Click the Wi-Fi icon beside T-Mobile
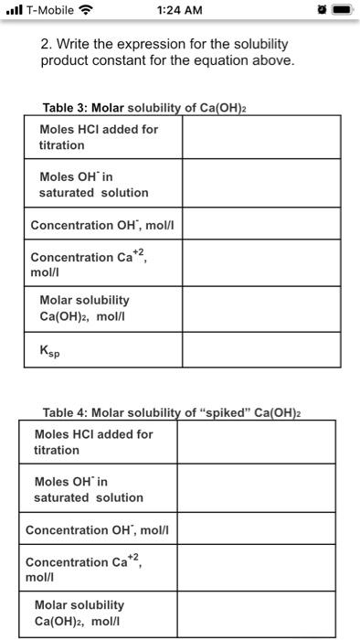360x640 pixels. point(89,11)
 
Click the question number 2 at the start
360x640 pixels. point(46,45)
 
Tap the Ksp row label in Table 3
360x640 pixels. point(51,350)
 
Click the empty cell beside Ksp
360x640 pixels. point(259,348)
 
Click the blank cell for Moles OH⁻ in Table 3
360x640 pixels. point(259,184)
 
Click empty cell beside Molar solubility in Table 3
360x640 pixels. point(259,307)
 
